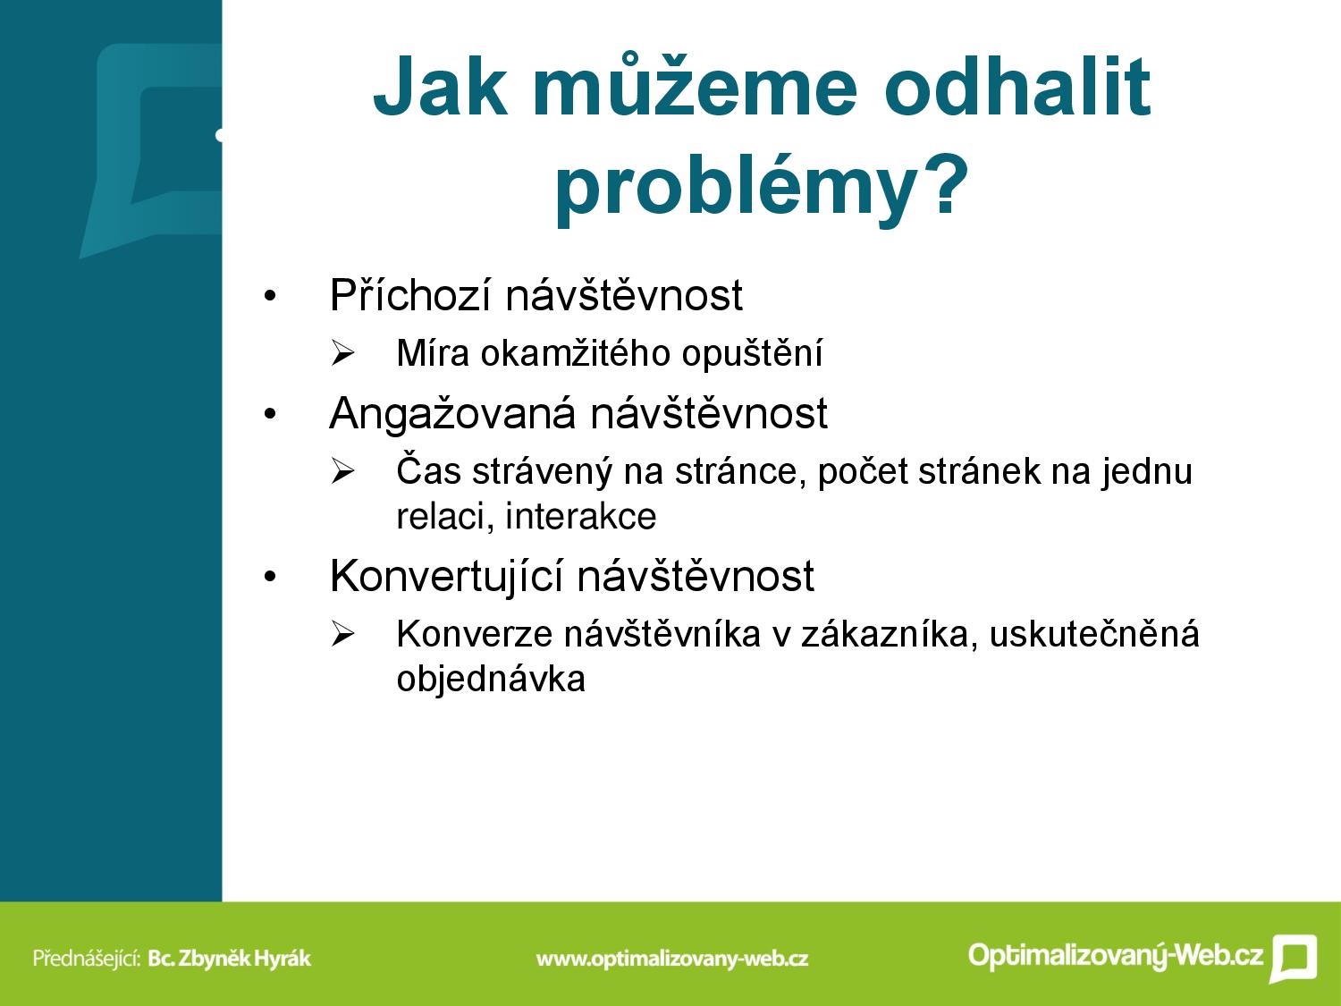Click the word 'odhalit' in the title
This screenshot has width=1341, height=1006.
tap(1017, 87)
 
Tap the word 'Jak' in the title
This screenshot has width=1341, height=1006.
tap(441, 87)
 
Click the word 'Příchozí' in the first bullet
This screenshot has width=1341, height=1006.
tap(409, 295)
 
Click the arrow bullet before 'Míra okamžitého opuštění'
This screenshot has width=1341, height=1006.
tap(342, 353)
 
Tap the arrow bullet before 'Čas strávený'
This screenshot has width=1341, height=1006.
tap(342, 471)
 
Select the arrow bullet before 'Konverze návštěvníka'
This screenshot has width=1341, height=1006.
tap(342, 634)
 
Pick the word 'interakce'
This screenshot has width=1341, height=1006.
tap(580, 516)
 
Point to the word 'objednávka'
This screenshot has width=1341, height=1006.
tap(491, 679)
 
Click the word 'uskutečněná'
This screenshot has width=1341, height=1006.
tap(1094, 633)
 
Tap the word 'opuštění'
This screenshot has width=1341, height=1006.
tap(752, 354)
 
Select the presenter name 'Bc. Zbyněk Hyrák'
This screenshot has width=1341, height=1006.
tap(230, 958)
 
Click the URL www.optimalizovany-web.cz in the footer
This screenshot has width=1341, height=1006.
tap(672, 959)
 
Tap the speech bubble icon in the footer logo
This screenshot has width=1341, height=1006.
tap(1294, 958)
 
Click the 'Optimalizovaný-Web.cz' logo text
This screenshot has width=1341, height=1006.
tap(1116, 955)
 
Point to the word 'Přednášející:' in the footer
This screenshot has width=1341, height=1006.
tap(88, 958)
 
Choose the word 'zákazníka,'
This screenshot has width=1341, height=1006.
tap(889, 633)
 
